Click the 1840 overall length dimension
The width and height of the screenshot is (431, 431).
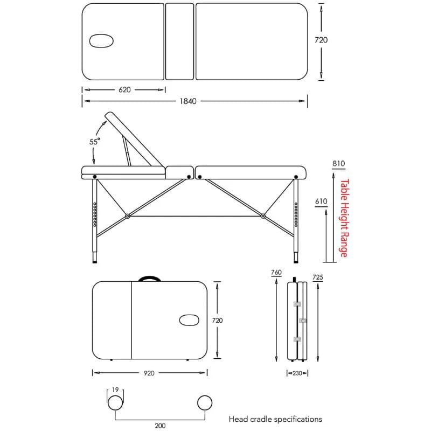point(188,101)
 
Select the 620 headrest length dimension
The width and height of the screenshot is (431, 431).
point(124,89)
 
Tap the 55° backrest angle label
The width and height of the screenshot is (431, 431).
point(95,141)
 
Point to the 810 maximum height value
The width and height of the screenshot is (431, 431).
point(338,164)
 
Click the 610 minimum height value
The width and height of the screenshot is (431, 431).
point(321,201)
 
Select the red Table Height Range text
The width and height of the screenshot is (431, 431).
point(344,218)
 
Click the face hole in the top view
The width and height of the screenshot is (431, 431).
point(101,41)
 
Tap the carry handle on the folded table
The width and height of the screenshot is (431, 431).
point(150,279)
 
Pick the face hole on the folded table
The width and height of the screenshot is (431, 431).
point(189,320)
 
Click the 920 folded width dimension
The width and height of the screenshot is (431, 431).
point(149,373)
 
